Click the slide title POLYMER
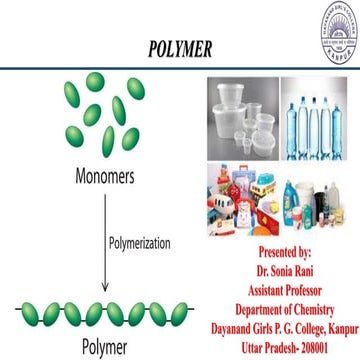[x=181, y=47]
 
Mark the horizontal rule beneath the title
[x=180, y=67]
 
